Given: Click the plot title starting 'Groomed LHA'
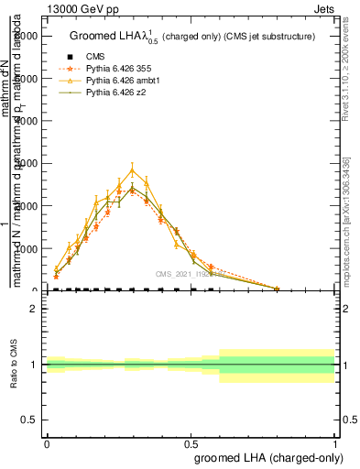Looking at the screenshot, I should [191, 37].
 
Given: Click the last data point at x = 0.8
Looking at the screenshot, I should [277, 289].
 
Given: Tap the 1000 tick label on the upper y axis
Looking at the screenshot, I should [26, 248].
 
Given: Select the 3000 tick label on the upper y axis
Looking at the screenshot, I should [26, 163].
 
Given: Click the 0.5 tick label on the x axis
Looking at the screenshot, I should [191, 443].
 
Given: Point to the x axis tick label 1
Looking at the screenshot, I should [335, 443].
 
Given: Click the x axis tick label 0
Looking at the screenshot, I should [46, 443].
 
